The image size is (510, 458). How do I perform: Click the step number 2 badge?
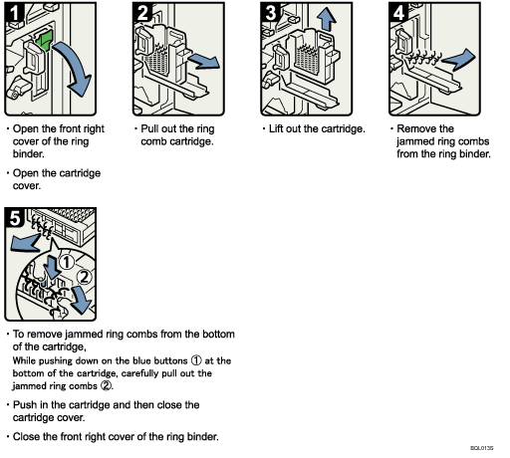point(143,15)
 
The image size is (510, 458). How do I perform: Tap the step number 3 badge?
point(271,15)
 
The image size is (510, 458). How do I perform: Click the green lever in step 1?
point(45,40)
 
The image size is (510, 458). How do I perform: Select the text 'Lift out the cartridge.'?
point(315,129)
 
